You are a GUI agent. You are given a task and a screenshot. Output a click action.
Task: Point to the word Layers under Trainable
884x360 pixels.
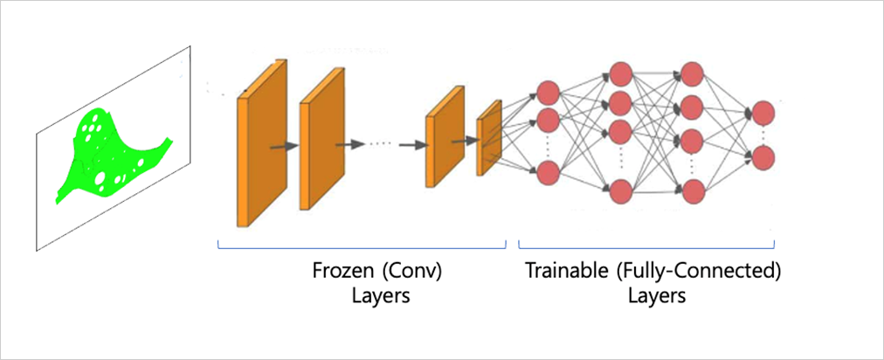click(x=656, y=295)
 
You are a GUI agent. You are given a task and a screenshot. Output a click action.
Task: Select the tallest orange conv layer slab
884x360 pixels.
click(x=261, y=144)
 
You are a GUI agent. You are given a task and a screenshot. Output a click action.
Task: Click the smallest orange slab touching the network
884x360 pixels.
click(x=488, y=138)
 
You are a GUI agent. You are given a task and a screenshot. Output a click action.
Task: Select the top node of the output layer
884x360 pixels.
click(x=763, y=113)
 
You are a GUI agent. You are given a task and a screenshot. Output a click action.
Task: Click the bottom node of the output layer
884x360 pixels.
click(x=763, y=158)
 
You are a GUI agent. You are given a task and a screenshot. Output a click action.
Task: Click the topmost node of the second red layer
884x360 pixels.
click(x=621, y=73)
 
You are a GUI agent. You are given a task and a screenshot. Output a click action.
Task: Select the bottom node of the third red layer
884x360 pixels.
click(x=692, y=190)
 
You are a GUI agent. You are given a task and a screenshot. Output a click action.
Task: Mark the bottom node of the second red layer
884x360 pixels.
click(x=621, y=190)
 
